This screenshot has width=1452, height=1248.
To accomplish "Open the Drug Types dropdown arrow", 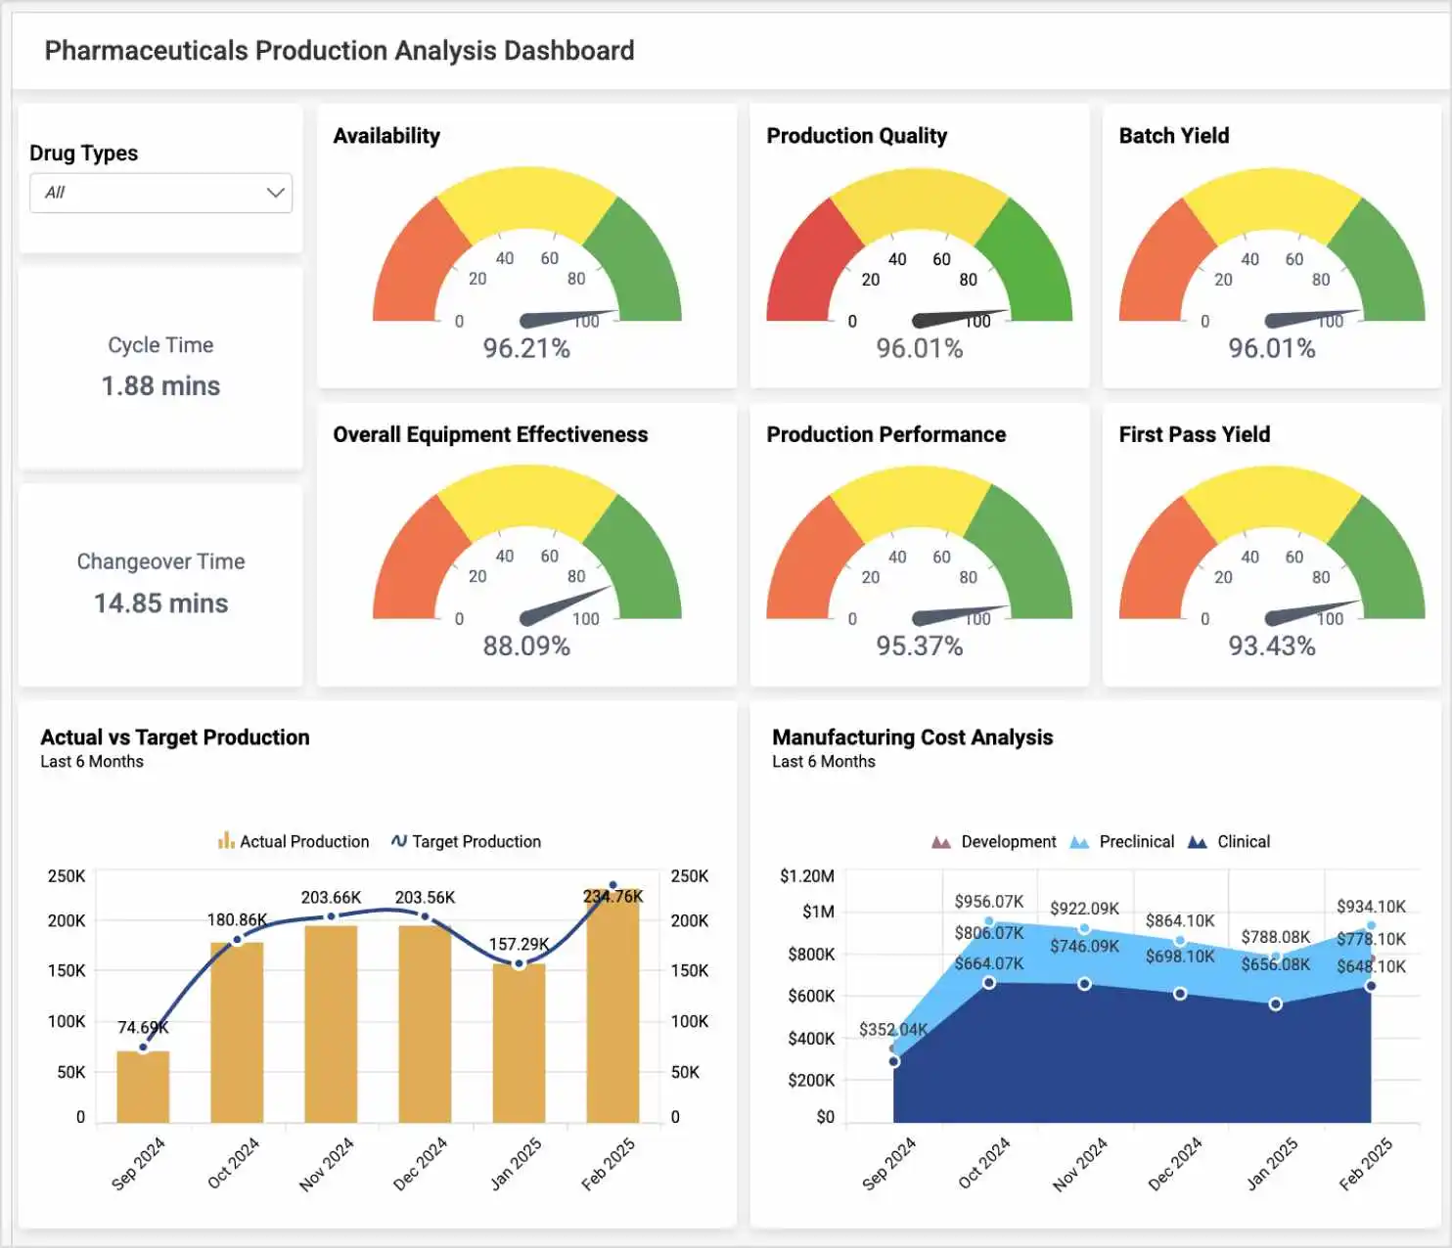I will click(275, 193).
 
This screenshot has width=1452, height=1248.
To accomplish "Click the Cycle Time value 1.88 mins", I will click(160, 386).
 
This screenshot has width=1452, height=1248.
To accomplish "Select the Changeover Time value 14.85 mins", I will click(160, 603).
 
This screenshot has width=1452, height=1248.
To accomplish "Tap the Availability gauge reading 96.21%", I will click(526, 348).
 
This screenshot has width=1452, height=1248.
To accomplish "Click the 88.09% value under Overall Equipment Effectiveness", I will click(526, 646).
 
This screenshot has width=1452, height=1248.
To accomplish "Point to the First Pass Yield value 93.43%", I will click(1271, 646).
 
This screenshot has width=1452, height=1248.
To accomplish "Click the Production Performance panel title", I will click(885, 434).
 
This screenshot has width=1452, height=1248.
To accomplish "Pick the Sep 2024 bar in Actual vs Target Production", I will click(143, 1086).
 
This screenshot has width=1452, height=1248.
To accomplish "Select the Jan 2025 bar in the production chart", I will click(519, 1042).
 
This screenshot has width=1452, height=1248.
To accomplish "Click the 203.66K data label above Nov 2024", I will click(331, 897).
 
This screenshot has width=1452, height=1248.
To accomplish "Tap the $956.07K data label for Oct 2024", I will click(988, 901).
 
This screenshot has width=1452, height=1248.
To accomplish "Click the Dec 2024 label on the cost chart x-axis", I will click(1175, 1163).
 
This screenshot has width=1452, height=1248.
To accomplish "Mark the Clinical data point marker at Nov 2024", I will click(1084, 984).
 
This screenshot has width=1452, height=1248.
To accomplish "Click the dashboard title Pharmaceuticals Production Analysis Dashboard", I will click(340, 51).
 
